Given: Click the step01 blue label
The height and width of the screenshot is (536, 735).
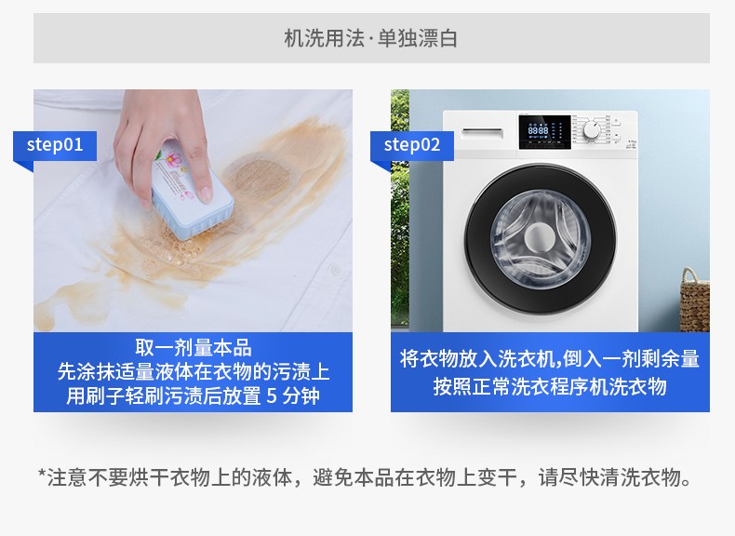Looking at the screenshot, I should click(x=55, y=145).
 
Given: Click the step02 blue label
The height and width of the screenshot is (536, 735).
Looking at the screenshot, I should click(x=412, y=145).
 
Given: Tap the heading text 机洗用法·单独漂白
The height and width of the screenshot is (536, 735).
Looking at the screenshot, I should click(x=370, y=39).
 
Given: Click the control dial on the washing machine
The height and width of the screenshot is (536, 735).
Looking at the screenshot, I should click(x=592, y=131).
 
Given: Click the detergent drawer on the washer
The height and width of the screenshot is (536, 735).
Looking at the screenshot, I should click(x=480, y=129).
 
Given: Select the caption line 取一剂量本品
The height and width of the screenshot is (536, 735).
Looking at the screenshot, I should click(x=194, y=348).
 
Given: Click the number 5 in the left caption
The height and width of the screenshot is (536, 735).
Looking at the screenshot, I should click(x=272, y=396).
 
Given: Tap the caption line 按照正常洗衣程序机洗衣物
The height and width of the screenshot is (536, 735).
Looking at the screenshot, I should click(x=550, y=387).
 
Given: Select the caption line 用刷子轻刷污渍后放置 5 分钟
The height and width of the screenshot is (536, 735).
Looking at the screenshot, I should click(x=194, y=396).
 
